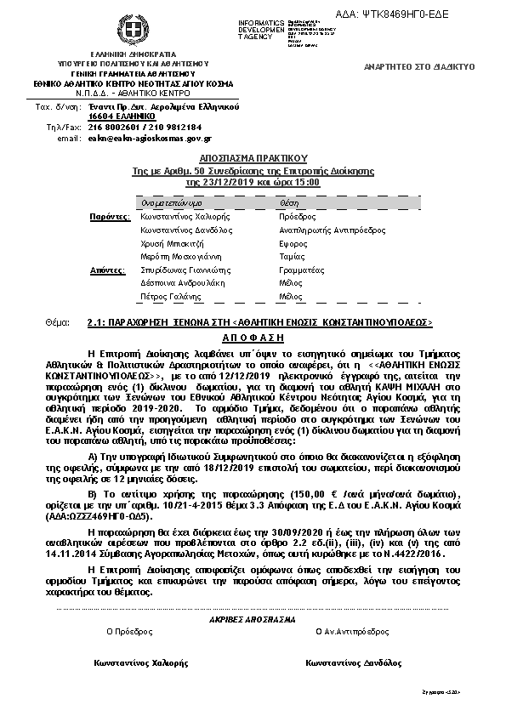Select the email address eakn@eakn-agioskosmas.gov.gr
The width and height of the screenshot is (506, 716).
[x=150, y=138]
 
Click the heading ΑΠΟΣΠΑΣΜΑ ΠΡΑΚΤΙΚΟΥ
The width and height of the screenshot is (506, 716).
[x=253, y=158]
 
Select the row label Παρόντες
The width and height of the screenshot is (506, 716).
[x=109, y=218]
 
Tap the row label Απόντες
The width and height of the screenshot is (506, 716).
[x=109, y=270]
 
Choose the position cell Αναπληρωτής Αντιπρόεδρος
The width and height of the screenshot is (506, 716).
[x=326, y=230]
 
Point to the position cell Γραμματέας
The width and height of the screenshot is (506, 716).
[x=301, y=270]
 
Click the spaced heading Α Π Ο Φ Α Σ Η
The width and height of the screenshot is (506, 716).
[x=253, y=337]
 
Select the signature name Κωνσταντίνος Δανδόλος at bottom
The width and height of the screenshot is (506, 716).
[x=355, y=662]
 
